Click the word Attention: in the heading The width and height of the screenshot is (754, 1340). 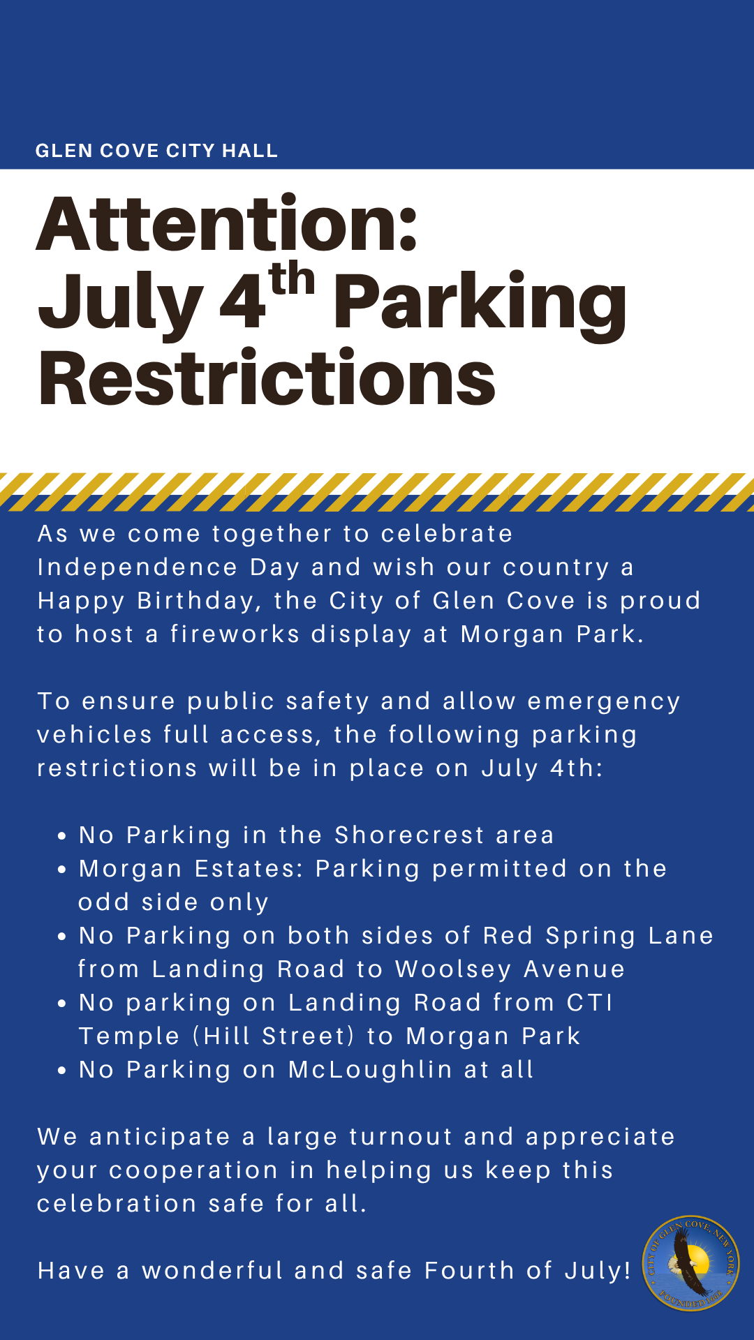tap(228, 224)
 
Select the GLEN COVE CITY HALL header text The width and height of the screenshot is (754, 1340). tap(156, 151)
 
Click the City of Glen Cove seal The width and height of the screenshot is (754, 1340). tap(691, 1263)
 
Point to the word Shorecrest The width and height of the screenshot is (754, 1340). tap(410, 835)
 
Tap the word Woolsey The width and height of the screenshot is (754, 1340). tap(453, 970)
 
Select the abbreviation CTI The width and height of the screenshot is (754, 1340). tap(590, 1002)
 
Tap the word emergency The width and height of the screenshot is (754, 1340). tap(604, 702)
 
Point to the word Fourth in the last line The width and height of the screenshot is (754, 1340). tap(469, 1270)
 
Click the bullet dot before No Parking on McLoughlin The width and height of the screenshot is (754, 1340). tap(63, 1071)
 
